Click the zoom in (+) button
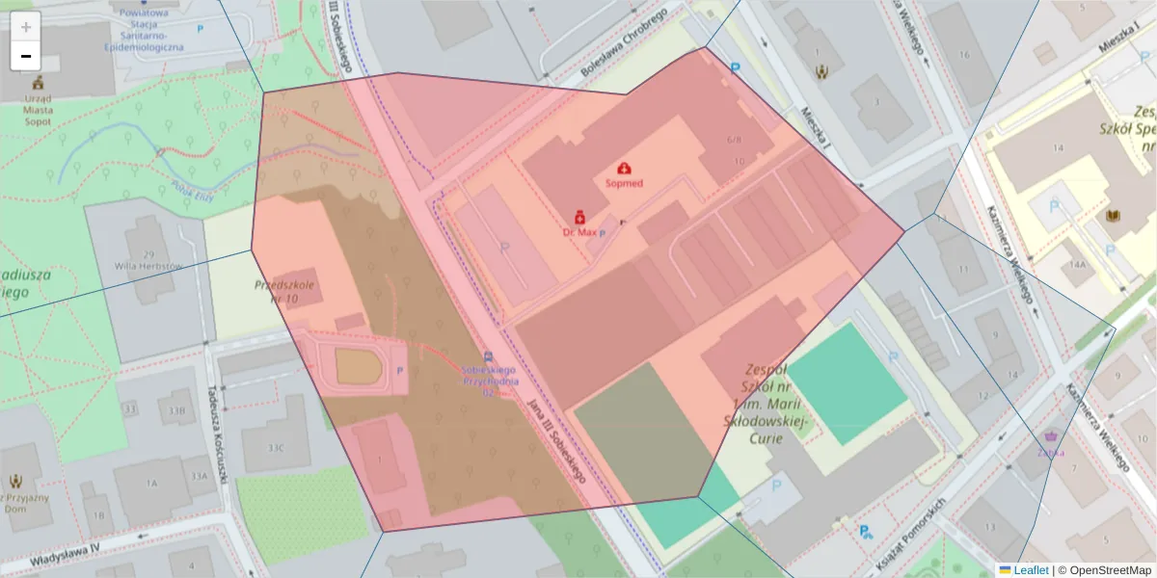26,27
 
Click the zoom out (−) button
26,56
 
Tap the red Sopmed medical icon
624,169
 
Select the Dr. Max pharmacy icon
579,218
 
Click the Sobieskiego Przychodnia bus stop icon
489,355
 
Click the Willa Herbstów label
148,265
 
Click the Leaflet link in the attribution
1030,570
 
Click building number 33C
276,447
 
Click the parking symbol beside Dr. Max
604,233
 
